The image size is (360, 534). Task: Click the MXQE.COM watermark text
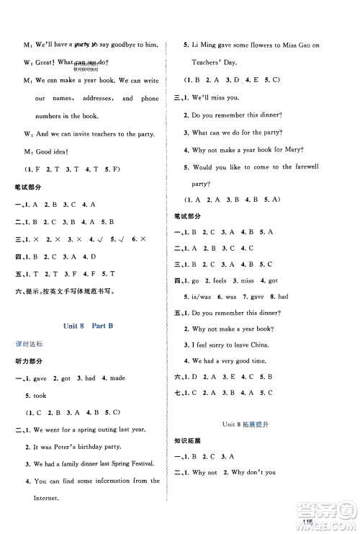331,522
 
